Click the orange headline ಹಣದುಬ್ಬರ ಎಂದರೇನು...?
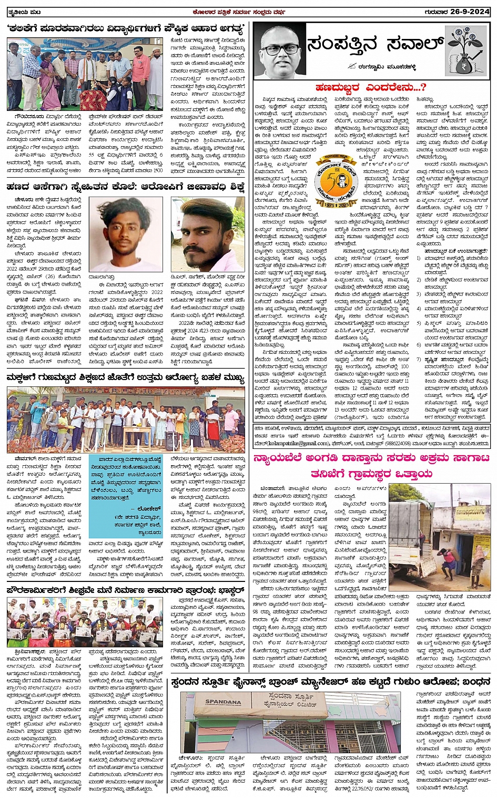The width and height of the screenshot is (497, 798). tap(371, 87)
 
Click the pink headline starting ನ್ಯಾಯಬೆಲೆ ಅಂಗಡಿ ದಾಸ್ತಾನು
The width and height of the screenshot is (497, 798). tap(371, 466)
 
